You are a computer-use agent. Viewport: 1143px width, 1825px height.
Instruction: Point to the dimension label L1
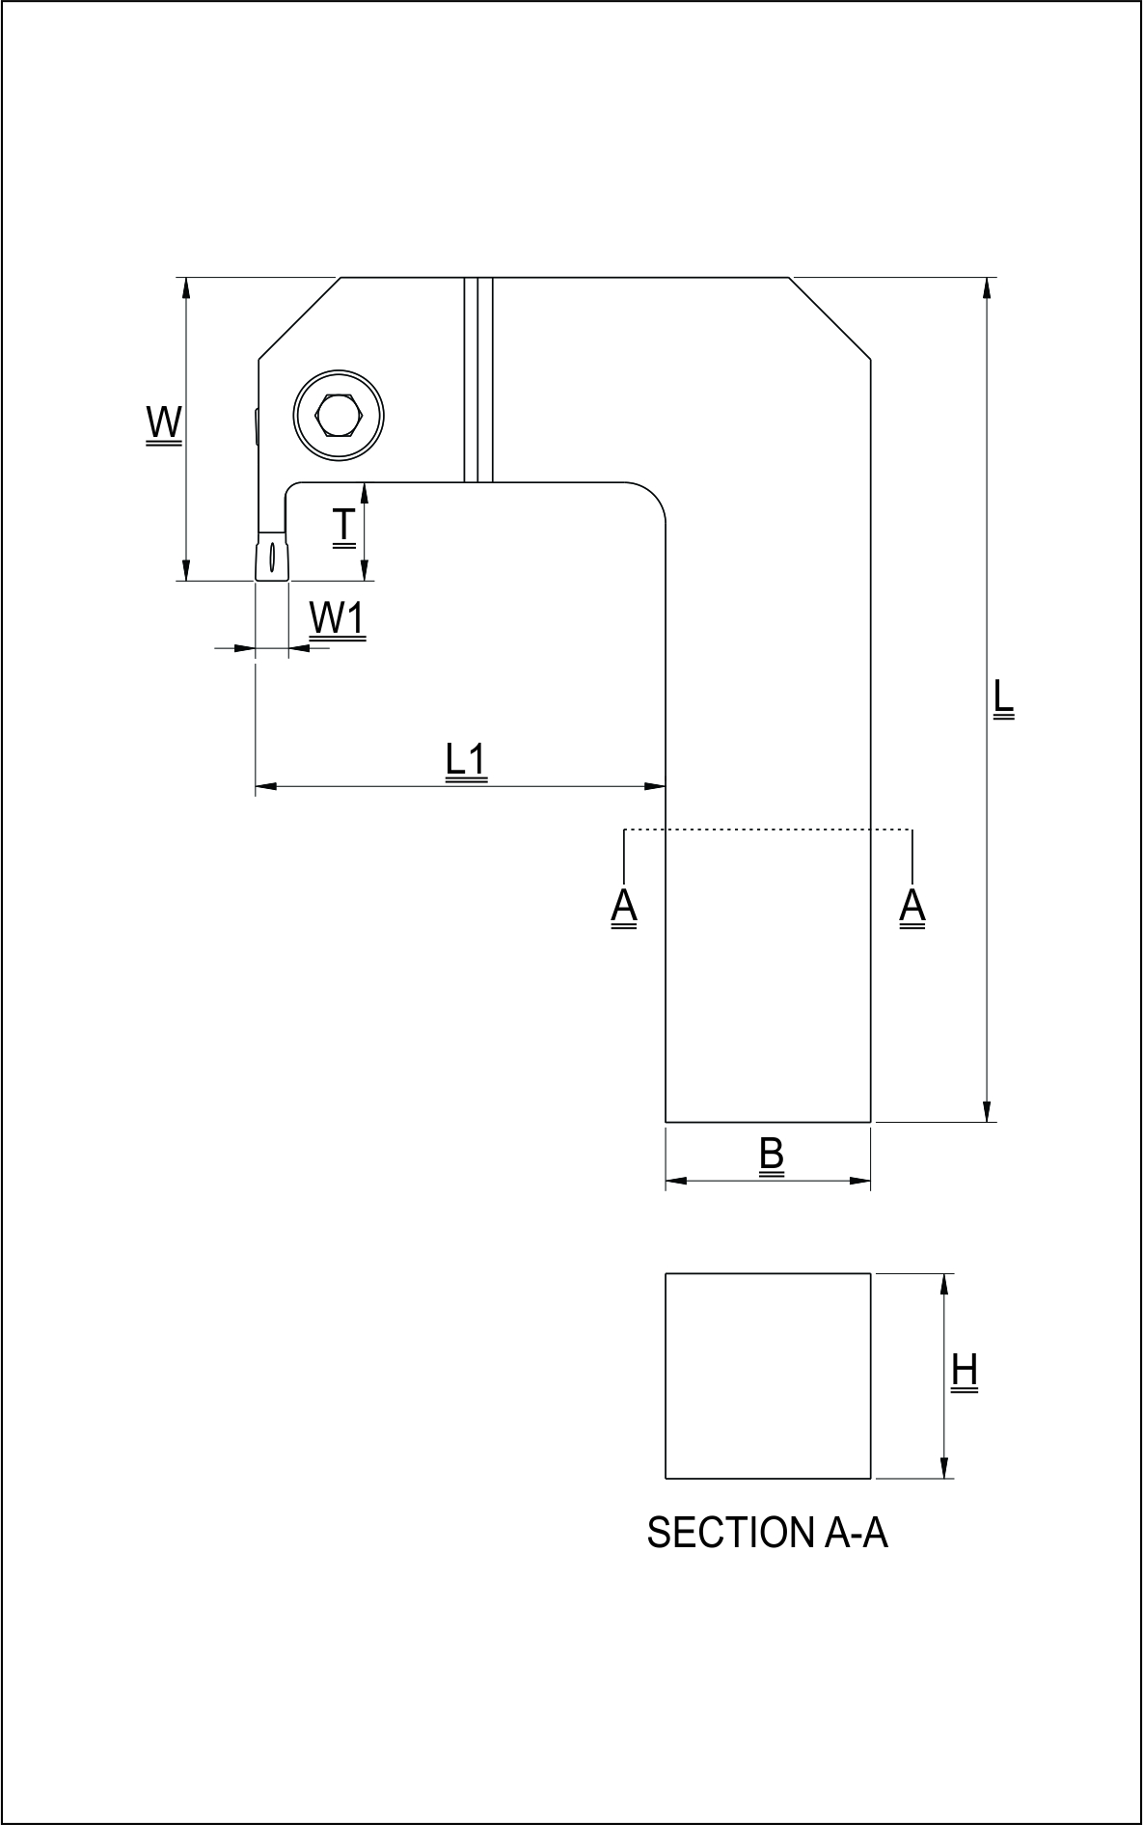point(467,760)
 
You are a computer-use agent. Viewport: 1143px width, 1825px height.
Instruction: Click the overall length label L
point(1003,698)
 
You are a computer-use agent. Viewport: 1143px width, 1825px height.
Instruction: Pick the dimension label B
point(771,1155)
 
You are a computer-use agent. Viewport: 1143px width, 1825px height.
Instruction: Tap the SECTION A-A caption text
point(767,1533)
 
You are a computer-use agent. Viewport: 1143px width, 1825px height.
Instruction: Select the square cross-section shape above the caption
point(768,1376)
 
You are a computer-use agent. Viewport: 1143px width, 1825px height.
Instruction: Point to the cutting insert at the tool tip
point(272,558)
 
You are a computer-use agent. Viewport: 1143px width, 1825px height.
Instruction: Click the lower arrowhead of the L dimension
point(987,1112)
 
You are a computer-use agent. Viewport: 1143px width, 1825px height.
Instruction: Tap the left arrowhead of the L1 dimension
point(265,787)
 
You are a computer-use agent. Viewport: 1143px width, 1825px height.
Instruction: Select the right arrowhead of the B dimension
point(860,1181)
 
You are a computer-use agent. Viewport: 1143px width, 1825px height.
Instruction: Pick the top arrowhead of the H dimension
point(945,1284)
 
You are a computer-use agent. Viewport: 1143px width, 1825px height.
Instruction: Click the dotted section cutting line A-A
point(768,830)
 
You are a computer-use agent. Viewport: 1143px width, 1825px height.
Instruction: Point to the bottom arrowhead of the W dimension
point(186,571)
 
